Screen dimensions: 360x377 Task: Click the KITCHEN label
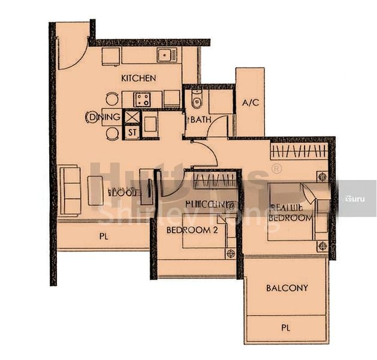(x=138, y=78)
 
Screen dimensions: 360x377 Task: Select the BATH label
(x=201, y=119)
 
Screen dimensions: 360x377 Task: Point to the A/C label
(x=250, y=103)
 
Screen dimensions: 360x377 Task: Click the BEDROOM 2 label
(x=192, y=230)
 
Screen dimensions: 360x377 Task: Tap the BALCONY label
(x=286, y=288)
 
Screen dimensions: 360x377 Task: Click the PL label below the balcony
(x=286, y=328)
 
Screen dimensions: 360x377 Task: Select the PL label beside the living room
(x=104, y=236)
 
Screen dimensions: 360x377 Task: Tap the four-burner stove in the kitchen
(x=142, y=99)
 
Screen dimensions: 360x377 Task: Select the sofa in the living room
(x=70, y=190)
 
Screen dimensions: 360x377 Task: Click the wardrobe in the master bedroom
(x=299, y=150)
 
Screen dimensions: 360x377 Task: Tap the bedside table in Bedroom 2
(x=231, y=254)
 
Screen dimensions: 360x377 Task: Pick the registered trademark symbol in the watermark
(x=276, y=169)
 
